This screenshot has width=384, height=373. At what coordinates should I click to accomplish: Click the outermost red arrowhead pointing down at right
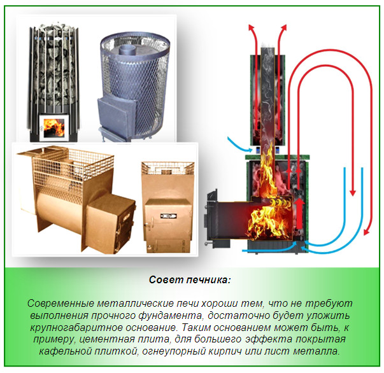[352, 192]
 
